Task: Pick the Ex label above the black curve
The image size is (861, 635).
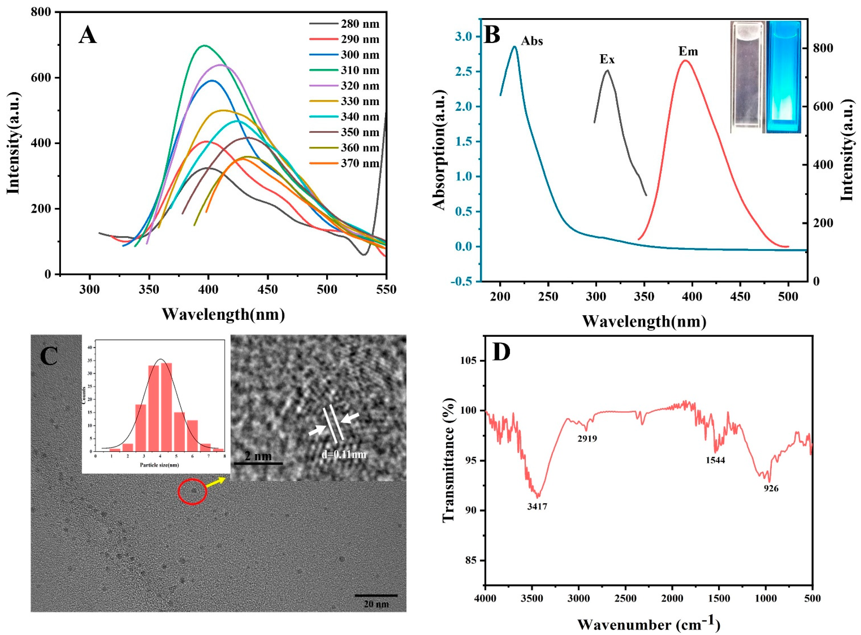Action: coord(607,59)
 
